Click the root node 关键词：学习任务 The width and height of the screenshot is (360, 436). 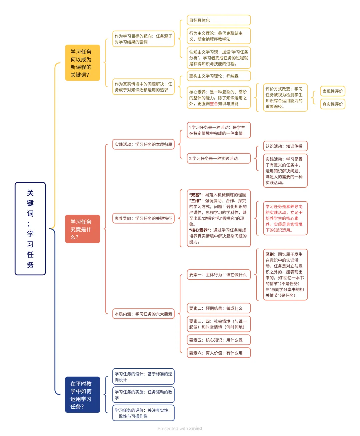coord(30,229)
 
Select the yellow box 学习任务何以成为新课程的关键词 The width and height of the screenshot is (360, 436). coord(82,63)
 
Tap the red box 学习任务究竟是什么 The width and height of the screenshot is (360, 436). coord(82,229)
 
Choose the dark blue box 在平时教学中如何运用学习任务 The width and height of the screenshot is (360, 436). coord(82,395)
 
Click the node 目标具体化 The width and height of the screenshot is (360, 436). coord(218,20)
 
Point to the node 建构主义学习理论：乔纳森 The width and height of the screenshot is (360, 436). coord(218,76)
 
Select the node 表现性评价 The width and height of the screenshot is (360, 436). coord(332,91)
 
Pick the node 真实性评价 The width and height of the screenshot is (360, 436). coord(332,104)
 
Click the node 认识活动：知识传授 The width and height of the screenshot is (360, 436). coord(285,146)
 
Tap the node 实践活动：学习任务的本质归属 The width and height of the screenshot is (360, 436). coord(143,144)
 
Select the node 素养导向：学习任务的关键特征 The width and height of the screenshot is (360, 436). coord(143,218)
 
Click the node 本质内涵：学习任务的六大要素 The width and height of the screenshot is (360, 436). coord(143,314)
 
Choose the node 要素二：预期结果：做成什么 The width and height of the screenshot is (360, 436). coord(218,308)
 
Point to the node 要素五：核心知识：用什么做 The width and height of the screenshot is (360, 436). coord(218,340)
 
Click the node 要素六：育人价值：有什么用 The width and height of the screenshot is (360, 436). coord(218,353)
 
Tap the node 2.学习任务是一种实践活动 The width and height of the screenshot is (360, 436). coord(218,159)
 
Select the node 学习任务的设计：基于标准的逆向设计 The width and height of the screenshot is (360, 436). coord(143,377)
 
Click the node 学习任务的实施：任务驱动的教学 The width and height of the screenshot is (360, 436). coord(143,395)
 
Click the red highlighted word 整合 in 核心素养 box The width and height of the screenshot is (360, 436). coord(214,104)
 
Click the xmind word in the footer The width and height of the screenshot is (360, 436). coord(196,429)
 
